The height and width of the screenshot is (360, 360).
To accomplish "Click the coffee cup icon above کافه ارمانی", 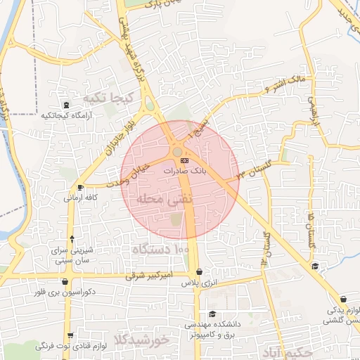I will [80, 187].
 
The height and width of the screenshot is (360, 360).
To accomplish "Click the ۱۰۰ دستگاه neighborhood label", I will [161, 249].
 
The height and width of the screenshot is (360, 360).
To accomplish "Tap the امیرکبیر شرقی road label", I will [148, 275].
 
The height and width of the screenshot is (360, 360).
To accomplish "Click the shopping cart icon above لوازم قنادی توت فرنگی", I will [68, 336].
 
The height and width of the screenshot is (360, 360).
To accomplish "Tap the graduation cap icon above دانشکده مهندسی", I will [212, 314].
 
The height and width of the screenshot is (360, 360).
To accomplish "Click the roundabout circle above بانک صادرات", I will [177, 151].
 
